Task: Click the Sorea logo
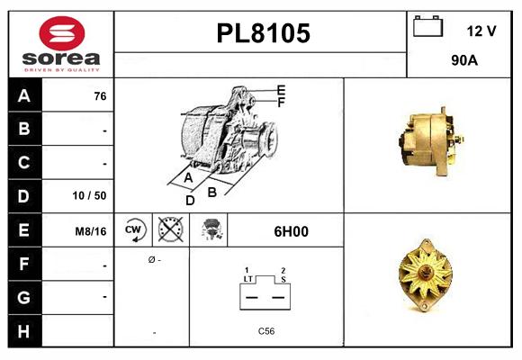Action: coord(60,44)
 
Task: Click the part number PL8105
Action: coord(263,33)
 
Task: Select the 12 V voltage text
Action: coord(481,31)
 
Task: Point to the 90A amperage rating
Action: coord(464,62)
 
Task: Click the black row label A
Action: coord(24,96)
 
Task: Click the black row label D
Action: coord(24,195)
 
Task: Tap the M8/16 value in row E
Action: coord(91,231)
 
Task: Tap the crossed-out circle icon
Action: coord(167,230)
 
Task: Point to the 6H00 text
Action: coord(291,231)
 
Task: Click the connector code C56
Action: coord(266,331)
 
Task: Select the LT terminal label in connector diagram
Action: coord(247,279)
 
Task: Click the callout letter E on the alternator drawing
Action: coord(281,90)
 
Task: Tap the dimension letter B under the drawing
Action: coord(212,191)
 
